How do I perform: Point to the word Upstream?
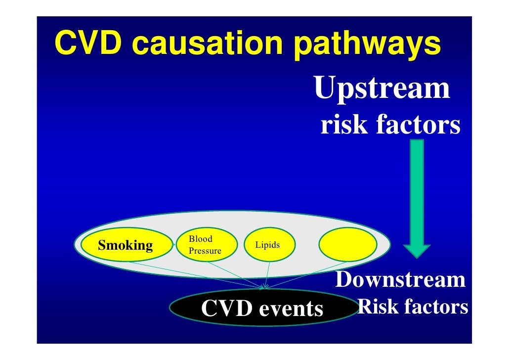[382, 89]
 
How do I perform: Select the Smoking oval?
[126, 245]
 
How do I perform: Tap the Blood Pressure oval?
[205, 245]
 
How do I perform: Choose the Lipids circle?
[267, 245]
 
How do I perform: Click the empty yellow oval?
[348, 244]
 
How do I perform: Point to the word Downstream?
[400, 280]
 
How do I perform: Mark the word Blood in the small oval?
[200, 239]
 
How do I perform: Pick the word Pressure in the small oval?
[205, 251]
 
